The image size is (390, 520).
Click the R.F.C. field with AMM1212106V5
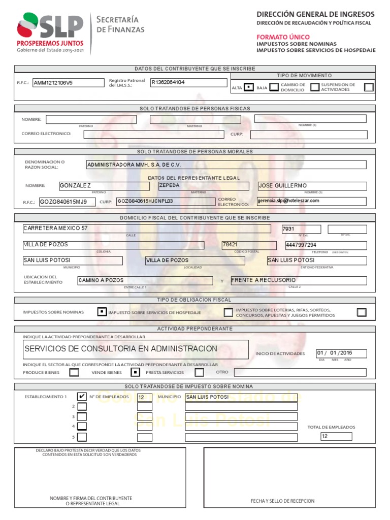pyautogui.click(x=67, y=83)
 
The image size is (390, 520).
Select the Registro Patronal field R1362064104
pyautogui.click(x=188, y=82)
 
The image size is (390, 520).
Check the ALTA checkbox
pyautogui.click(x=249, y=87)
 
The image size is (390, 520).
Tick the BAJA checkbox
pyautogui.click(x=274, y=87)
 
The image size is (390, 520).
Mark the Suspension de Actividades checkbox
pyautogui.click(x=369, y=87)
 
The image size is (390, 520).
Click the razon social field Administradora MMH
pyautogui.click(x=226, y=165)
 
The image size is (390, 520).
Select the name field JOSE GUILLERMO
pyautogui.click(x=311, y=186)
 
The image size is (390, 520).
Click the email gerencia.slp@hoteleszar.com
pyautogui.click(x=311, y=201)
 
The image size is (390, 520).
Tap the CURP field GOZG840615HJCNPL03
pyautogui.click(x=166, y=201)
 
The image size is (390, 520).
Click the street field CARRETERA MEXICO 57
pyautogui.click(x=146, y=229)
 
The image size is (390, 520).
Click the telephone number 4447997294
pyautogui.click(x=326, y=245)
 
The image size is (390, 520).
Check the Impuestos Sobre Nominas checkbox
pyautogui.click(x=102, y=312)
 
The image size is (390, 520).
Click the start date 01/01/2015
pyautogui.click(x=341, y=353)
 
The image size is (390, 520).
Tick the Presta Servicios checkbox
pyautogui.click(x=135, y=372)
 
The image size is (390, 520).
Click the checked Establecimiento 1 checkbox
pyautogui.click(x=82, y=397)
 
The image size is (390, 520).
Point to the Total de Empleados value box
pyautogui.click(x=336, y=437)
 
